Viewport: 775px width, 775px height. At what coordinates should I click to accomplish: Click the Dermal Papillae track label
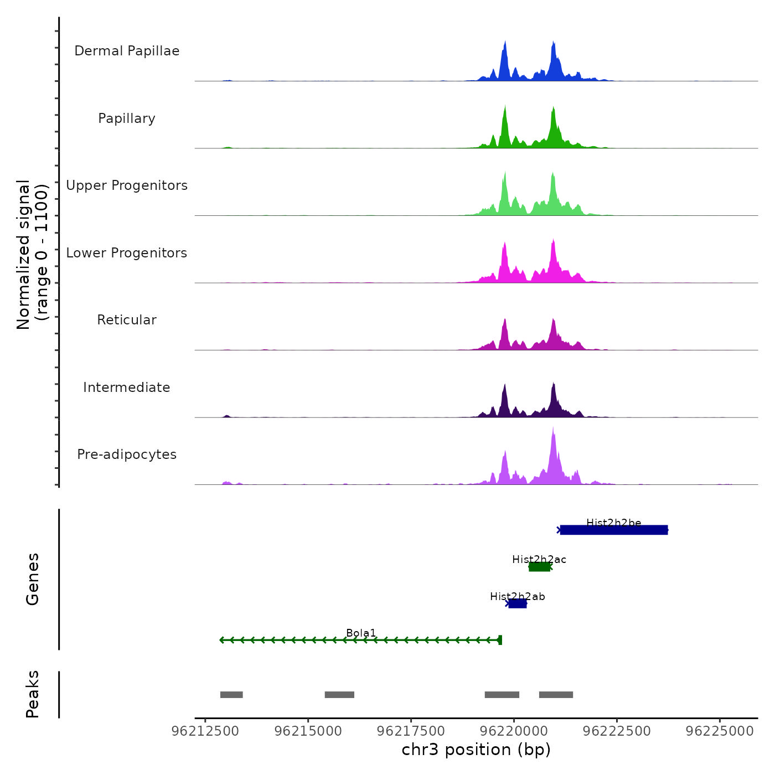tap(127, 51)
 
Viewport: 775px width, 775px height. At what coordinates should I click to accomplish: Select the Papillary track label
tap(127, 118)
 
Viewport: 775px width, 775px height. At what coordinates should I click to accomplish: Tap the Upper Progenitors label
tap(127, 185)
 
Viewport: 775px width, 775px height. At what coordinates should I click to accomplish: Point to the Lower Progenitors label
tap(127, 253)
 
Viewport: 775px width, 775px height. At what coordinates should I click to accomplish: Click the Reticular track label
tap(127, 320)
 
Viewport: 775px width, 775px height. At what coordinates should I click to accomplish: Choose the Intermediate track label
tap(127, 387)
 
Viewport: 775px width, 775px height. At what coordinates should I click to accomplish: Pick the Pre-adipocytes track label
tap(127, 454)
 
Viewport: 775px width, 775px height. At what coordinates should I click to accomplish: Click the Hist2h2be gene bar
tap(613, 530)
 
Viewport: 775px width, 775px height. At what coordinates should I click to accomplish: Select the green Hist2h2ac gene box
tap(539, 567)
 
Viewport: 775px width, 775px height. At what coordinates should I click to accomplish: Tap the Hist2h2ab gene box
tap(517, 603)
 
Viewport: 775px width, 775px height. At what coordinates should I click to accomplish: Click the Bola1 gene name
tap(361, 633)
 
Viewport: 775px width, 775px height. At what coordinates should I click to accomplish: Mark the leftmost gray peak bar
tap(231, 695)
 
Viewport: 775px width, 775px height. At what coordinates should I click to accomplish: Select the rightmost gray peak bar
tap(556, 695)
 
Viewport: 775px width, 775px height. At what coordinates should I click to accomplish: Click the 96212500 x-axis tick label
tap(205, 731)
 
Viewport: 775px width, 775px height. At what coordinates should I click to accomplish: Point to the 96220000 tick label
tap(513, 731)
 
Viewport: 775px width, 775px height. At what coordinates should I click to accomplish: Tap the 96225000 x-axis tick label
tap(720, 731)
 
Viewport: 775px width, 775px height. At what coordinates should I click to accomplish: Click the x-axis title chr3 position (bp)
tap(476, 750)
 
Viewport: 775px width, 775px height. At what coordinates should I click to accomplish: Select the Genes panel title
tap(33, 579)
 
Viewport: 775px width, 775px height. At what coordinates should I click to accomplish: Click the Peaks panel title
tap(33, 694)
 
